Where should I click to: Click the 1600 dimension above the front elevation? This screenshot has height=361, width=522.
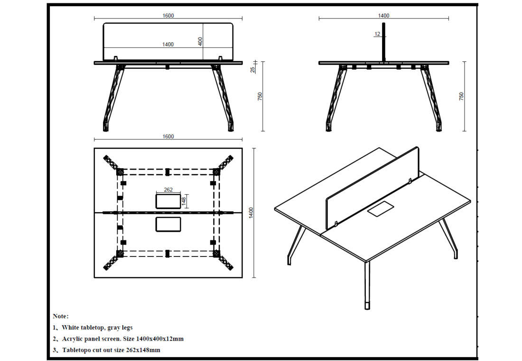(x=168, y=16)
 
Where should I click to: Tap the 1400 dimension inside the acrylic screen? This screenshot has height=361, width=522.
(x=168, y=44)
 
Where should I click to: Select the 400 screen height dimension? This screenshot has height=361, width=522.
(x=200, y=41)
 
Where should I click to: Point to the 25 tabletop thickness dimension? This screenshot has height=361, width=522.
(x=252, y=69)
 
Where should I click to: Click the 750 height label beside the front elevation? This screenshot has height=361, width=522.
(x=260, y=96)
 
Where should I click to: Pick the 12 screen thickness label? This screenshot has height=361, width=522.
(x=377, y=34)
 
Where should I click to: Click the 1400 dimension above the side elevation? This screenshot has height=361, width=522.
(x=383, y=16)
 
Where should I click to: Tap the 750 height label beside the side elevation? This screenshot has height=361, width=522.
(x=461, y=96)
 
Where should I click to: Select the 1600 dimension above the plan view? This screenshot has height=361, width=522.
(x=168, y=136)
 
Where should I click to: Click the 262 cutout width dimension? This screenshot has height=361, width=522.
(x=168, y=190)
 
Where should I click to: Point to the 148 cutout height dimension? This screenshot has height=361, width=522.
(x=184, y=201)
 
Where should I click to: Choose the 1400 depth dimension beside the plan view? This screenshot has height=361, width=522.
(x=251, y=213)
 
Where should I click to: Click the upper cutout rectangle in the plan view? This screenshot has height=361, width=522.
(x=168, y=201)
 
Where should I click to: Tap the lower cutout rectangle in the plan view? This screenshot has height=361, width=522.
(x=168, y=224)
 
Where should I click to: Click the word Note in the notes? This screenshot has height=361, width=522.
(x=60, y=316)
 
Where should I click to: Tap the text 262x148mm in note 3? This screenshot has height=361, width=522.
(x=143, y=350)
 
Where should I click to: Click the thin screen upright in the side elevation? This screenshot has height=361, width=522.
(x=383, y=42)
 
